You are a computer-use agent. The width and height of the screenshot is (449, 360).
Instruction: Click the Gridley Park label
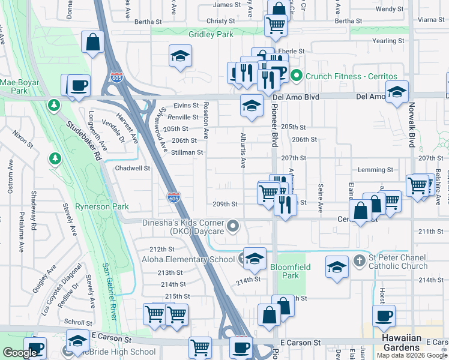click(x=211, y=34)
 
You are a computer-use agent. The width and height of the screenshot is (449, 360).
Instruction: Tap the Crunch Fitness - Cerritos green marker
click(x=296, y=76)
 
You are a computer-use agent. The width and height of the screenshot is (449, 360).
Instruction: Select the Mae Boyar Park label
click(x=19, y=86)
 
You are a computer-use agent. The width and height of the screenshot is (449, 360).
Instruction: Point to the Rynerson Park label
click(x=102, y=206)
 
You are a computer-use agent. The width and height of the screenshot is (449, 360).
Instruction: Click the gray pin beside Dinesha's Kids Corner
click(x=234, y=226)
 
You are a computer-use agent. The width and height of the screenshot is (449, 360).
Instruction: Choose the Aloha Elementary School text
click(x=188, y=259)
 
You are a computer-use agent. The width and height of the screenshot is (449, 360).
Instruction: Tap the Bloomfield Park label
click(x=284, y=271)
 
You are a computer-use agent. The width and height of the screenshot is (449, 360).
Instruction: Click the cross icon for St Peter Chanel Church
click(x=359, y=260)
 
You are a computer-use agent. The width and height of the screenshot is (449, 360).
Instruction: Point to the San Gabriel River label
click(x=108, y=291)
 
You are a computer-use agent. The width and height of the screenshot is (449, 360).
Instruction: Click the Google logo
click(x=20, y=353)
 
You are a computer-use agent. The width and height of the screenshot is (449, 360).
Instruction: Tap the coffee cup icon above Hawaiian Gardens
click(x=384, y=316)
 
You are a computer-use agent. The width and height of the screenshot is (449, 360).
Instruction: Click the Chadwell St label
click(x=132, y=168)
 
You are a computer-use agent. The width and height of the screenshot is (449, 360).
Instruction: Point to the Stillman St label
click(x=187, y=152)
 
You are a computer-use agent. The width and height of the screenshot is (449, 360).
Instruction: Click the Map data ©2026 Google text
click(x=412, y=355)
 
